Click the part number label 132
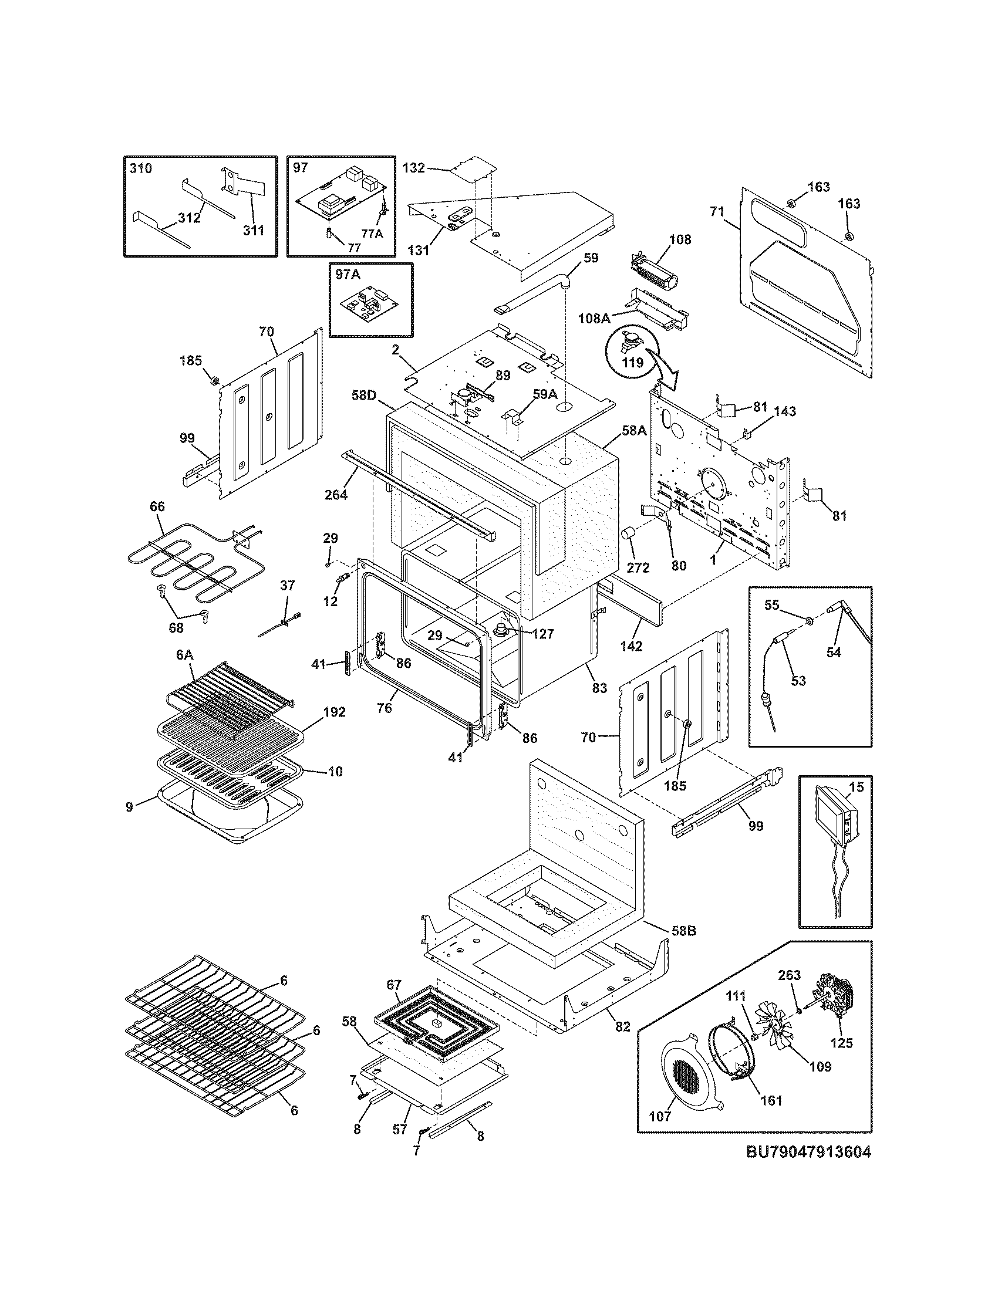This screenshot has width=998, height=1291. (413, 168)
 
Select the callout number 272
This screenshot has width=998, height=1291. (638, 567)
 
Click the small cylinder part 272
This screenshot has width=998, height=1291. (628, 534)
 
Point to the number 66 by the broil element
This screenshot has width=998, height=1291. (157, 506)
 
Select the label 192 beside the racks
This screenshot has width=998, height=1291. (334, 712)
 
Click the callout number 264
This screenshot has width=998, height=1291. (336, 494)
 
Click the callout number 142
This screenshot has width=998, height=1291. (632, 646)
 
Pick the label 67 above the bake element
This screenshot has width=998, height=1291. (394, 985)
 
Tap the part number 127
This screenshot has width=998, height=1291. (542, 634)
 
